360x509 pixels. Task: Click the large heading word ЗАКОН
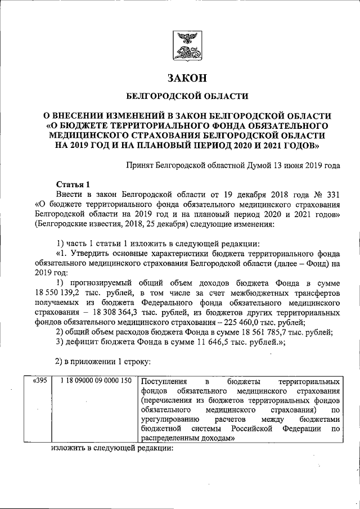[x=185, y=78]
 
